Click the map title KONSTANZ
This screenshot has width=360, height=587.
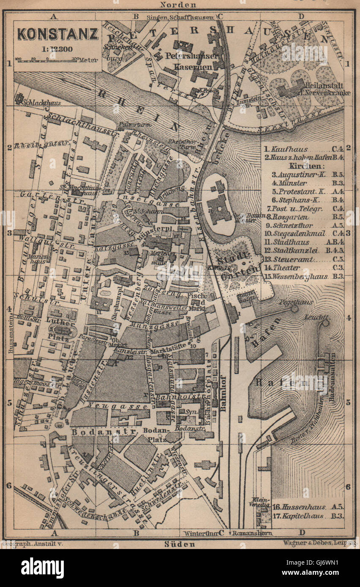pyautogui.click(x=57, y=34)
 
